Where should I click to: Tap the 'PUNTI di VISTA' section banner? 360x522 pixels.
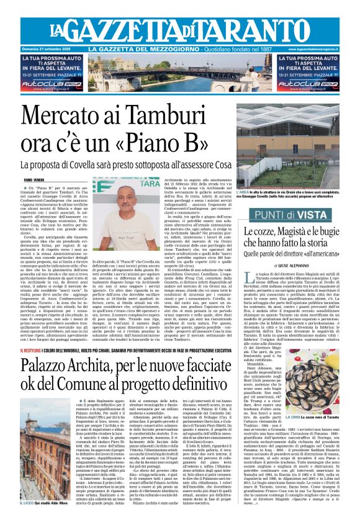tap(295, 214)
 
